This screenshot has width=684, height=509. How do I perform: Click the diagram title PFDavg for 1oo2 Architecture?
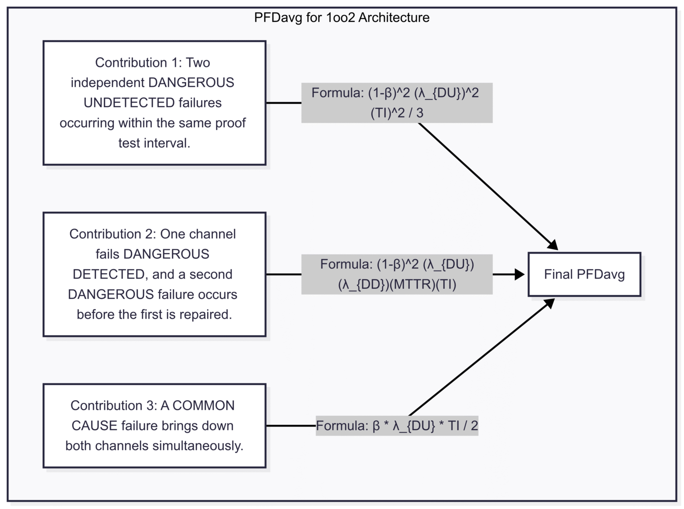pos(342,17)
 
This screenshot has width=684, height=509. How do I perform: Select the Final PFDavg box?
pos(584,274)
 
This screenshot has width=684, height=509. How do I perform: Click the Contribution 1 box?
pos(154,103)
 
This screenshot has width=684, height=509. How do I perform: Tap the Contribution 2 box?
pos(154,274)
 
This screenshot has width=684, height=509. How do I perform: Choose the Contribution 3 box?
pos(154,425)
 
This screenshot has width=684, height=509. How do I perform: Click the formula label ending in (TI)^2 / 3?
pos(396,103)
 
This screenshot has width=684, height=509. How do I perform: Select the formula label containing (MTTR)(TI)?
pos(396,274)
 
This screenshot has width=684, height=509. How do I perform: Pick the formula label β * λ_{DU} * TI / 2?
pos(396,425)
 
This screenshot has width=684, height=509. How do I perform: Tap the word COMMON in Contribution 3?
pos(204,405)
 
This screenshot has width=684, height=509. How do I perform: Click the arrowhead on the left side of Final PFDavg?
pos(520,274)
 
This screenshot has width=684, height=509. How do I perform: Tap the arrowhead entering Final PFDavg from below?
pos(550,304)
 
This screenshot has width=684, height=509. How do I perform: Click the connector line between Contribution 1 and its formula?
pos(284,103)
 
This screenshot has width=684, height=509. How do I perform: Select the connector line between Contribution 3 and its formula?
pos(291,425)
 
